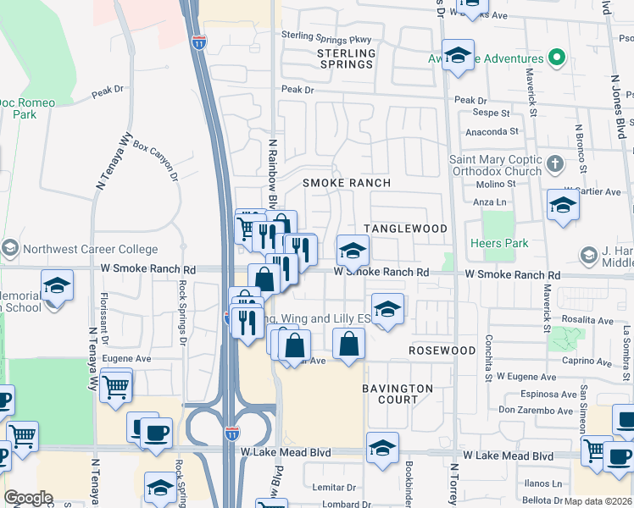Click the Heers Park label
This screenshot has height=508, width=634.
click(504, 243)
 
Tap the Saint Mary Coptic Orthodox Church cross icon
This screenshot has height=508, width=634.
click(554, 163)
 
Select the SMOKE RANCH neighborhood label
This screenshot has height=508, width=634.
click(347, 183)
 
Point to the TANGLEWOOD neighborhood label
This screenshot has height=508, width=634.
click(405, 229)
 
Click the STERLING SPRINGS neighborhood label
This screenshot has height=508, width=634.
click(346, 58)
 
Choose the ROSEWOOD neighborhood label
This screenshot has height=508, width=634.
click(442, 350)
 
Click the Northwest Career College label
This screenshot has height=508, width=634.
click(90, 249)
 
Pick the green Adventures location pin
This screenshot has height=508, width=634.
click(557, 58)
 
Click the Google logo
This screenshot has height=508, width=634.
click(28, 498)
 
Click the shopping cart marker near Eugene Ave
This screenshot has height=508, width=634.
click(116, 387)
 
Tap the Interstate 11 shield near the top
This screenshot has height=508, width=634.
click(198, 42)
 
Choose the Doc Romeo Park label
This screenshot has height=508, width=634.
click(27, 108)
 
